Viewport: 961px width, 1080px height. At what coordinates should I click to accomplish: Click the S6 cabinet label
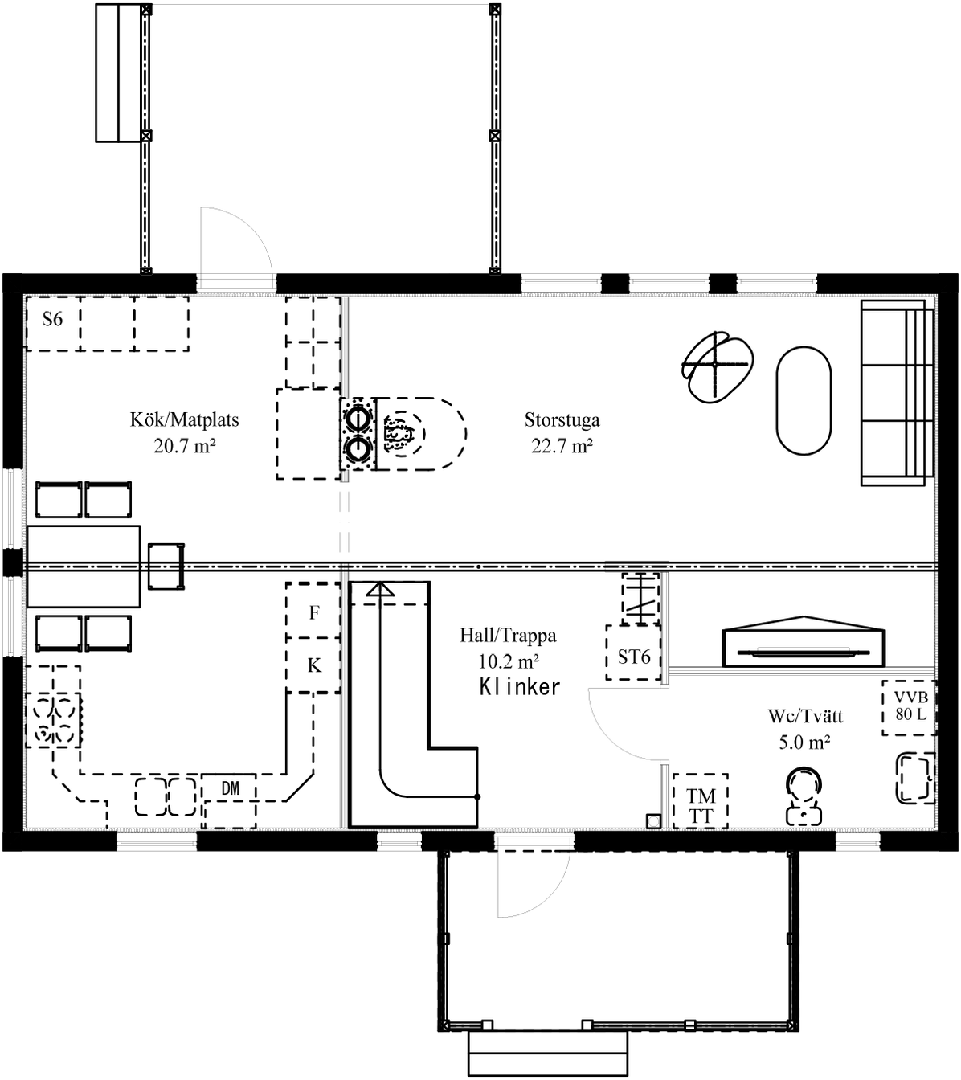pyautogui.click(x=53, y=319)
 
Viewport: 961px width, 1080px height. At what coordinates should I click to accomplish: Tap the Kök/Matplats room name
pyautogui.click(x=185, y=420)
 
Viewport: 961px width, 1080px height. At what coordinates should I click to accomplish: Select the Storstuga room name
pyautogui.click(x=562, y=420)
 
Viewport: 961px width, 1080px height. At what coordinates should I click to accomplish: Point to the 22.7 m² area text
pyautogui.click(x=562, y=446)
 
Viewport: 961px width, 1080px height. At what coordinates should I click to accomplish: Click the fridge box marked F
pyautogui.click(x=313, y=611)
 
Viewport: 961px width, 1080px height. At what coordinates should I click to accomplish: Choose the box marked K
pyautogui.click(x=313, y=665)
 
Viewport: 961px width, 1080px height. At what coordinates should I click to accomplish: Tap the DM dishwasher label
pyautogui.click(x=231, y=788)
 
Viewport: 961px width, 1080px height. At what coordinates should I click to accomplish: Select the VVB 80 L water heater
pyautogui.click(x=910, y=708)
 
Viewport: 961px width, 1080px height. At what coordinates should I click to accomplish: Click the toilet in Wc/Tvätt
pyautogui.click(x=804, y=796)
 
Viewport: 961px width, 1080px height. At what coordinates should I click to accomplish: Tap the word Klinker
pyautogui.click(x=520, y=687)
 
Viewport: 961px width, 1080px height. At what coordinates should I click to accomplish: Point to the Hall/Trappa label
pyautogui.click(x=508, y=636)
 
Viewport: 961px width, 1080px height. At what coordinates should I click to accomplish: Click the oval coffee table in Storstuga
pyautogui.click(x=804, y=401)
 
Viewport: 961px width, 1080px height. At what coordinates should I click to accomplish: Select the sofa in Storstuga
pyautogui.click(x=898, y=393)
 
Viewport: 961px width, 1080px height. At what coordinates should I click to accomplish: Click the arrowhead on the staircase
pyautogui.click(x=379, y=589)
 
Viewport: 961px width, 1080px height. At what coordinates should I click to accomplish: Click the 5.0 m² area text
pyautogui.click(x=804, y=742)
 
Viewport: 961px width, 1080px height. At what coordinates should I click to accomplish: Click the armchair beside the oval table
pyautogui.click(x=718, y=366)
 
